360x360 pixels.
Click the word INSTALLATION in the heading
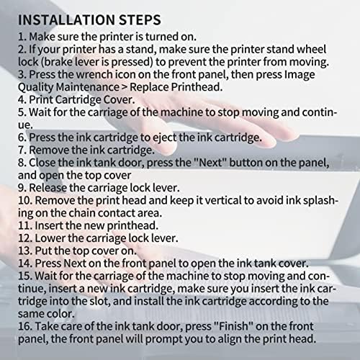tap(66, 19)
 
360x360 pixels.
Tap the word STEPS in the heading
tap(140, 19)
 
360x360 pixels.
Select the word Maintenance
tap(88, 87)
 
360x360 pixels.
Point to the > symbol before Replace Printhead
tap(125, 87)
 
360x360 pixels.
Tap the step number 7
tap(22, 150)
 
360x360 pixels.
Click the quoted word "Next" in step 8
tap(210, 163)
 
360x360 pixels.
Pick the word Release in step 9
tap(48, 188)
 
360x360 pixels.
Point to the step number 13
tap(25, 251)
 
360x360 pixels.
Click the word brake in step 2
tap(58, 62)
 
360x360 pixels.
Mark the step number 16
tap(25, 326)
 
